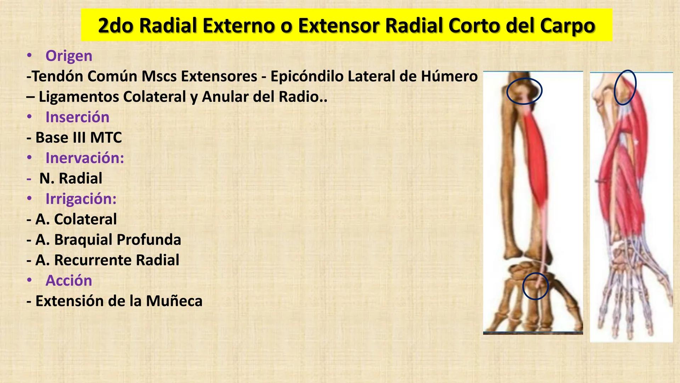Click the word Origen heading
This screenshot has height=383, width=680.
(69, 56)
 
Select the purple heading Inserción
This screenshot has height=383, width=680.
(77, 117)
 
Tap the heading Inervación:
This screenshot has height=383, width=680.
(85, 158)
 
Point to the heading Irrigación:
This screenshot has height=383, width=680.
(81, 199)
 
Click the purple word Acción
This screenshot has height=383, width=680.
(69, 281)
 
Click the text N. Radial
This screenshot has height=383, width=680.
(70, 178)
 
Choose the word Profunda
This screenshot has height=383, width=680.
(149, 240)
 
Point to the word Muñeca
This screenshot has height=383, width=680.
(174, 301)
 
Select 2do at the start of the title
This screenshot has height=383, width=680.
(115, 26)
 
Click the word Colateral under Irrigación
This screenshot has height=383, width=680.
(85, 220)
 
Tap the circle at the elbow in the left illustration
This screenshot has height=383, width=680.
(524, 91)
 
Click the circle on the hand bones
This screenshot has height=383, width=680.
(535, 286)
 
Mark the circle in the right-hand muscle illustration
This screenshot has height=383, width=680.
(625, 87)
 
